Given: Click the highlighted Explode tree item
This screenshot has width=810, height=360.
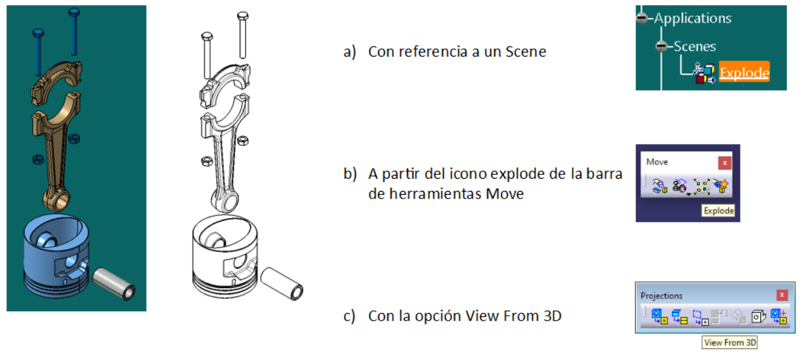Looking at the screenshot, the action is pyautogui.click(x=744, y=72).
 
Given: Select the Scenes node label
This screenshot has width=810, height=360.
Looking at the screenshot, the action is pyautogui.click(x=695, y=46).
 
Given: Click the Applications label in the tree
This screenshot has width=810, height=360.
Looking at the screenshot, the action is pyautogui.click(x=692, y=18).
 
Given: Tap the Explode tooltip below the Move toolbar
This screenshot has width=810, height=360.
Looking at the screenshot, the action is pyautogui.click(x=719, y=210).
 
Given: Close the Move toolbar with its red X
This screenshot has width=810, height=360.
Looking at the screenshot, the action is pyautogui.click(x=724, y=163).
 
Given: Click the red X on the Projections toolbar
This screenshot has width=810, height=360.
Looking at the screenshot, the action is pyautogui.click(x=782, y=295).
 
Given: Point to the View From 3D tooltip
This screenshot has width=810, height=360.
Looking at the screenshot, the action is pyautogui.click(x=730, y=342).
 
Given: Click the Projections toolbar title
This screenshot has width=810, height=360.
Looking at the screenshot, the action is pyautogui.click(x=661, y=296).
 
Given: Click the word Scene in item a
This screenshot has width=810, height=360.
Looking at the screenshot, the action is pyautogui.click(x=526, y=51).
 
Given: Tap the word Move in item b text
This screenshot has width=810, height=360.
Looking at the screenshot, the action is pyautogui.click(x=505, y=194).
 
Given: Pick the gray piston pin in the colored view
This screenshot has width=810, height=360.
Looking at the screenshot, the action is pyautogui.click(x=114, y=283).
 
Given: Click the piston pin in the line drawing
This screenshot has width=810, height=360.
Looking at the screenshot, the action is pyautogui.click(x=282, y=283).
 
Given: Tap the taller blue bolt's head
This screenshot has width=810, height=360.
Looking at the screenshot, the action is pyautogui.click(x=74, y=12).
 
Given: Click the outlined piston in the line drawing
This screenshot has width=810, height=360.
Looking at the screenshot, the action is pyautogui.click(x=225, y=256).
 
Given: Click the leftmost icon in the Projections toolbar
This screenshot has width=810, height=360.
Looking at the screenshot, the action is pyautogui.click(x=659, y=316).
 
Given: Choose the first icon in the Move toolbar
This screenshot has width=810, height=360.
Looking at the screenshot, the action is pyautogui.click(x=660, y=186).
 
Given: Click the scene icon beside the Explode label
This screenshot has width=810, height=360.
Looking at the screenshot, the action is pyautogui.click(x=705, y=73).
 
